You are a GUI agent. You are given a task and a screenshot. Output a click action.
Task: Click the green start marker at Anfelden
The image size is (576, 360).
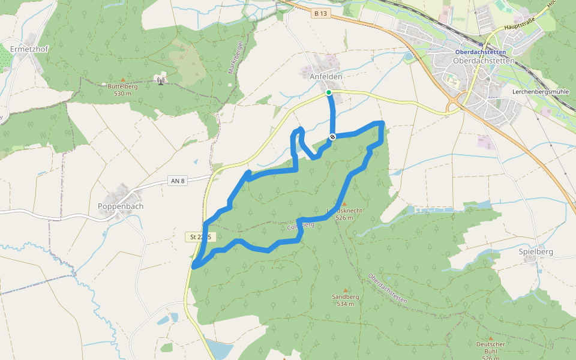tap(329, 92)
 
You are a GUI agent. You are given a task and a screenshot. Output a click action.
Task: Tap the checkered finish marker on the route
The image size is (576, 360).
tap(332, 137)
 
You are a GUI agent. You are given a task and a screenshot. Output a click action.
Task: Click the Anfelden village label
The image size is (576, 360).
tap(326, 77)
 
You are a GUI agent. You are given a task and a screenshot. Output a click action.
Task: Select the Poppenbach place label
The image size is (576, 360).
tap(120, 206)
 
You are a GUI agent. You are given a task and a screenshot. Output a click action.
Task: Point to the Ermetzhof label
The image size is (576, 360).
tap(29, 48)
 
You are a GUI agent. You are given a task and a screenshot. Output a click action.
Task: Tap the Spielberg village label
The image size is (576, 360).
tap(536, 252)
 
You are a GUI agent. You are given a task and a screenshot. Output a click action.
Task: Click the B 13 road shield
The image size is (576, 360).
tap(322, 13)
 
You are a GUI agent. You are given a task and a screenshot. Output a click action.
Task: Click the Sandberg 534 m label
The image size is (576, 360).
tap(345, 300)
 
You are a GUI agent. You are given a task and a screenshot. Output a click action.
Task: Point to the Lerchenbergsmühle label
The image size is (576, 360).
tap(540, 92)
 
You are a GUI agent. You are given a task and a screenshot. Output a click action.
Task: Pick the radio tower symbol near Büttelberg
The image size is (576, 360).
tap(160, 80)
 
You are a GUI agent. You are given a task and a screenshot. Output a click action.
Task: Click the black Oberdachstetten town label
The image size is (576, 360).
tap(484, 61)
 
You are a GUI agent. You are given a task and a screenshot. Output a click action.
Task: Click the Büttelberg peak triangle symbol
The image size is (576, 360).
tap(123, 79)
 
